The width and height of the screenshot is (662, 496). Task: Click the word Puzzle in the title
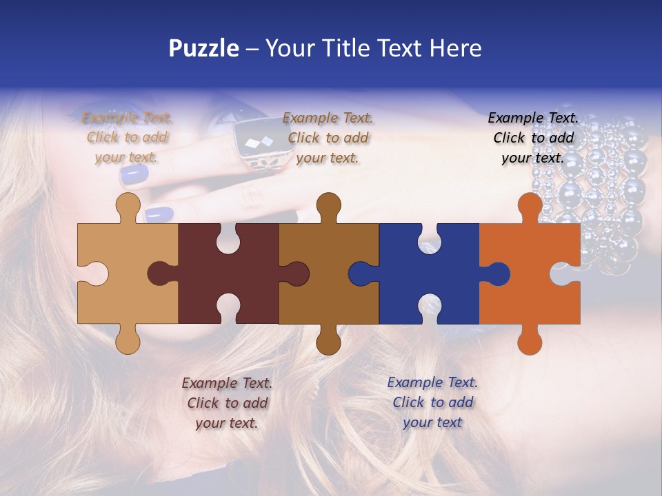click(204, 49)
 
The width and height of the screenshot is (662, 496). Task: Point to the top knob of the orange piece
click(530, 205)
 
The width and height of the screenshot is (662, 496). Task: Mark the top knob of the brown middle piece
click(328, 205)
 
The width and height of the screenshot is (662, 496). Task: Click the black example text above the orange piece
click(533, 138)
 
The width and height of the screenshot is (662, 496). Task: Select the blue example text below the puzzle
click(432, 402)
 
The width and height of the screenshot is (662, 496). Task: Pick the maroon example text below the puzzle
click(227, 403)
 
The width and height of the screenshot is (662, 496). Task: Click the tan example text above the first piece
click(128, 138)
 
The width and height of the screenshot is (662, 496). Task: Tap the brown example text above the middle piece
click(328, 138)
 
